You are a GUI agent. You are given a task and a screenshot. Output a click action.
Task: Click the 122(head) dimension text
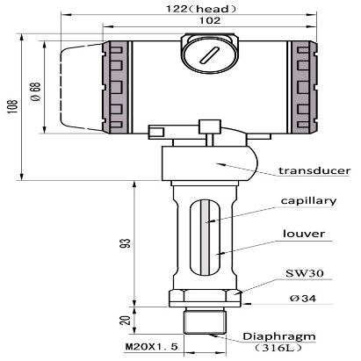click(x=201, y=9)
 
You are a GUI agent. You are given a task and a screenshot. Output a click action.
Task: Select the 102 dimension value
click(x=210, y=20)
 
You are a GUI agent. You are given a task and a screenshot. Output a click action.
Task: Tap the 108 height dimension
click(x=13, y=106)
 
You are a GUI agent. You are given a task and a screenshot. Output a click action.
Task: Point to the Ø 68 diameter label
click(x=36, y=91)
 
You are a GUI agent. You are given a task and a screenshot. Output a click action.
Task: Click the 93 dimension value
click(x=126, y=243)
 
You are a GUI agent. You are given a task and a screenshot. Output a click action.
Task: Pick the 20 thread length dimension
click(x=126, y=320)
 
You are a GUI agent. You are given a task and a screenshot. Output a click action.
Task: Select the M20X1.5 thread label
click(x=152, y=347)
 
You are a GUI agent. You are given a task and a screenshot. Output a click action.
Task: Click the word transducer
click(x=314, y=170)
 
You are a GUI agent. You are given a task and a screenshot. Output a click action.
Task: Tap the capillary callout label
click(x=308, y=201)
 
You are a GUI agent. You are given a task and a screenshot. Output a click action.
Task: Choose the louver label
click(x=304, y=234)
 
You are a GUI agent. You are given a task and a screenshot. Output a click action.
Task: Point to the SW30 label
click(x=305, y=273)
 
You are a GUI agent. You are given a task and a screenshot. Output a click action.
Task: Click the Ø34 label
click(x=303, y=299)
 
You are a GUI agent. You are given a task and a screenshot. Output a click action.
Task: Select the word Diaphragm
click(x=279, y=336)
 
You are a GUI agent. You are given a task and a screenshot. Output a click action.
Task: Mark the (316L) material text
click(x=278, y=348)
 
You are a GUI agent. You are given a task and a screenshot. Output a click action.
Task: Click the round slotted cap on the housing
click(x=209, y=54)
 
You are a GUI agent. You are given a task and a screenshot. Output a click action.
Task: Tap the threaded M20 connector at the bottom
click(x=206, y=321)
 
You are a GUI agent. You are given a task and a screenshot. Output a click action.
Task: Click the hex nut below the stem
click(x=206, y=298)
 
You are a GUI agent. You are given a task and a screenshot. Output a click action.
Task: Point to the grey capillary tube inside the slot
click(x=205, y=238)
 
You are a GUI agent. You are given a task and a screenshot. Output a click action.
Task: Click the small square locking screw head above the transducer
click(x=210, y=126)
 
